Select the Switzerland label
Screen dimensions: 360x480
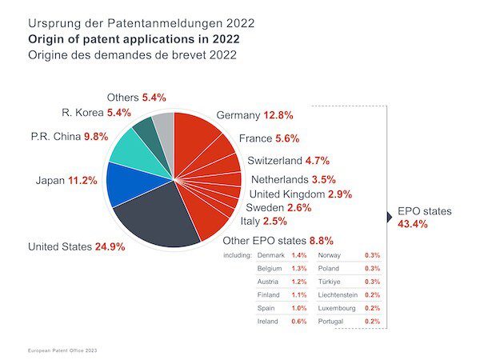tap(277, 160)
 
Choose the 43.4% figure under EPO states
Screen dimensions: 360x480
tap(413, 224)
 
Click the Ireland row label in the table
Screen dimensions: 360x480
tap(269, 321)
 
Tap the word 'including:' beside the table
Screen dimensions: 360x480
tap(237, 255)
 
